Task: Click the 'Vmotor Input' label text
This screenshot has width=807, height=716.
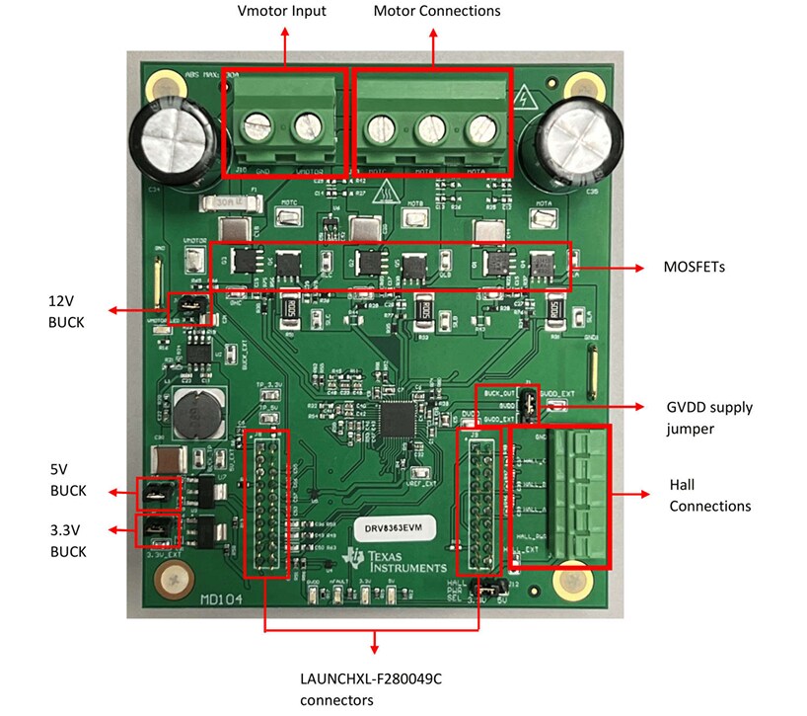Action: (281, 12)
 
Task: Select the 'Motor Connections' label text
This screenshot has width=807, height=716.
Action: (436, 12)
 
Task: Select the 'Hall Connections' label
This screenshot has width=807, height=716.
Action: (709, 497)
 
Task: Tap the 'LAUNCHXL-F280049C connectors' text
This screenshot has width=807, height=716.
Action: (336, 689)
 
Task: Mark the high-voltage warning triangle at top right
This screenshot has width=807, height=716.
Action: (524, 97)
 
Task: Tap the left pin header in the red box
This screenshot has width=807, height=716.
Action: (265, 504)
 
